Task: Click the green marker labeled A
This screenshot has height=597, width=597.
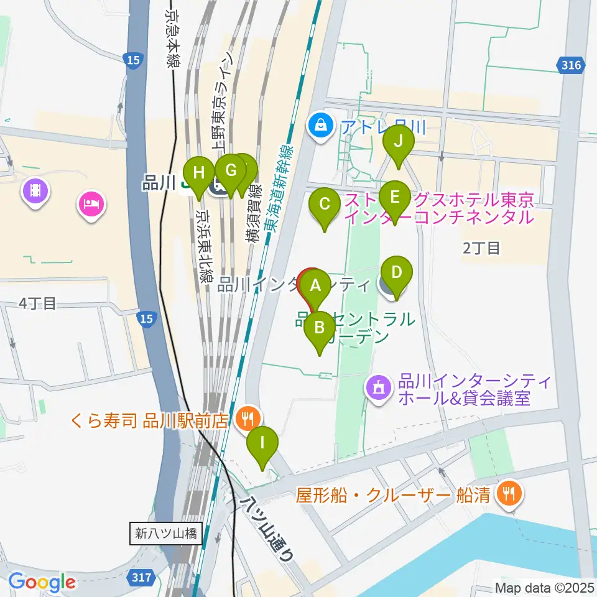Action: (316, 286)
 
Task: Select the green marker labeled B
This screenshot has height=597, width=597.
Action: (320, 327)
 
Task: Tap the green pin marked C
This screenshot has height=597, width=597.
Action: (324, 204)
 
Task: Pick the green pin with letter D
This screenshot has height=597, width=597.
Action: (397, 272)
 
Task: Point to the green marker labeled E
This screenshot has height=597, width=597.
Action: (394, 198)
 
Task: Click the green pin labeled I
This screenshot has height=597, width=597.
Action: (262, 443)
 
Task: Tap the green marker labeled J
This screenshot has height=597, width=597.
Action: (399, 141)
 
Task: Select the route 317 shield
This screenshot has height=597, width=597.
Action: (143, 578)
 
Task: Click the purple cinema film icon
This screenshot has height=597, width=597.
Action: (35, 190)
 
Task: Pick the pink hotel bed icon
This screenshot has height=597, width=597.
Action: (91, 205)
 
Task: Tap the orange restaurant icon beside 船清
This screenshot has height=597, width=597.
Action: (510, 494)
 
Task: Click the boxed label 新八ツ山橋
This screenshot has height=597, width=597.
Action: (166, 533)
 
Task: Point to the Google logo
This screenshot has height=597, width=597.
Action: (42, 583)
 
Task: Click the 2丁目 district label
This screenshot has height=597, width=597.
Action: (481, 248)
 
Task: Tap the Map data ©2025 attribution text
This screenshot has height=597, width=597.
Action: (544, 586)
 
